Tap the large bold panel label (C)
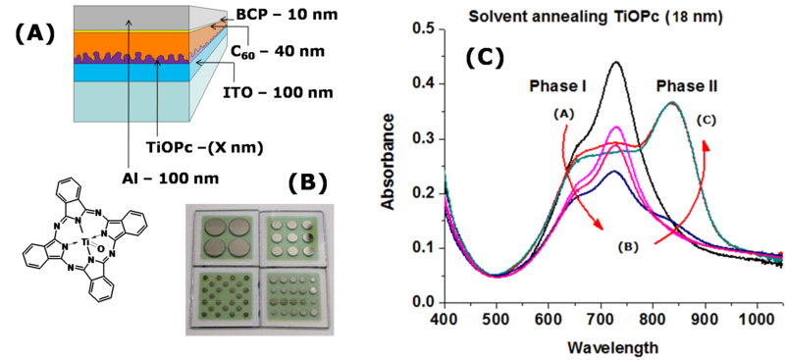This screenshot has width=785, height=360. point(484,57)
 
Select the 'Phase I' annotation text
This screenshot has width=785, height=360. point(557,87)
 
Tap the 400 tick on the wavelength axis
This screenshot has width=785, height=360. point(445,321)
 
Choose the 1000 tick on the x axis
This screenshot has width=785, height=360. point(756,321)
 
